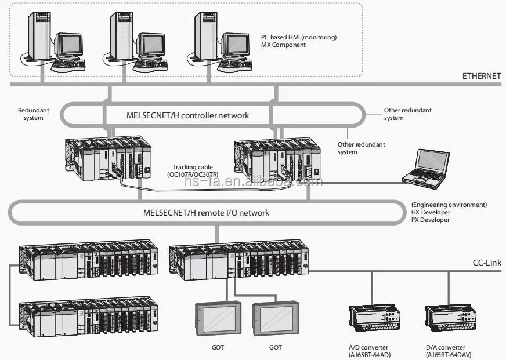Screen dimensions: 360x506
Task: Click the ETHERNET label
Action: point(481,76)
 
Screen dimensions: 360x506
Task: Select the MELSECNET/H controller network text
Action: point(187,115)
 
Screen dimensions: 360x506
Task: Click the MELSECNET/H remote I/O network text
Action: point(206,213)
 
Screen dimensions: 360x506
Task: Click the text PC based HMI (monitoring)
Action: point(298,37)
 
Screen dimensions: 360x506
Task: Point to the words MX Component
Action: point(283,45)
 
